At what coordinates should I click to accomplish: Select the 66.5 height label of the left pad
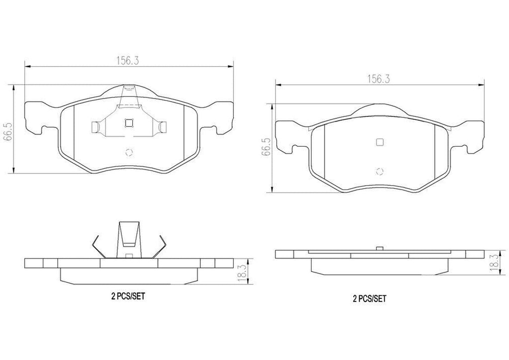pos(7,130)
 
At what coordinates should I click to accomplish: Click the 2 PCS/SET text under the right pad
pos(369,299)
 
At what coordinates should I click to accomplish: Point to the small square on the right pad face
pos(379,142)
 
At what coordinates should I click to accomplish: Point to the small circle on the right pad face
pos(380,172)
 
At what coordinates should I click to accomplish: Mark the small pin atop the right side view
pos(379,248)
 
